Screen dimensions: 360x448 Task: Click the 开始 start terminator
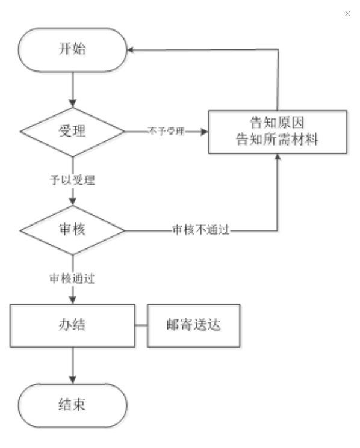tap(73, 50)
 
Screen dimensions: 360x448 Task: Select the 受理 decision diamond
tap(73, 132)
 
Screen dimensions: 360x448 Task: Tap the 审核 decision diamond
tap(73, 230)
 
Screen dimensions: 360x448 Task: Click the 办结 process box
tap(72, 326)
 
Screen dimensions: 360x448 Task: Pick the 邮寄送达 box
tap(194, 326)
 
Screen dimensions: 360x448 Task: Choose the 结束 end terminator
tap(73, 405)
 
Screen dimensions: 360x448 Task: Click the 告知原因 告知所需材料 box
tap(278, 132)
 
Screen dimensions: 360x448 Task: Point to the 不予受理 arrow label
tap(166, 132)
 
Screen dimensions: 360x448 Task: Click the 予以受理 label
tap(72, 180)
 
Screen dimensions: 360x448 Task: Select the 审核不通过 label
tap(200, 230)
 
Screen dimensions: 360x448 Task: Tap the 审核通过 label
tap(72, 278)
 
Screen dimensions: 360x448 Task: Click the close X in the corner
tap(347, 13)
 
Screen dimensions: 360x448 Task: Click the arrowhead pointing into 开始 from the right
tap(131, 50)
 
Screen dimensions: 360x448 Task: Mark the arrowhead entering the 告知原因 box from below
tap(278, 157)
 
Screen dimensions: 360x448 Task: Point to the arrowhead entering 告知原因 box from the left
tap(205, 132)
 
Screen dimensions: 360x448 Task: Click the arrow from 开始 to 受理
tap(73, 90)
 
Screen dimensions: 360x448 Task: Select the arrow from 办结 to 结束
tap(73, 366)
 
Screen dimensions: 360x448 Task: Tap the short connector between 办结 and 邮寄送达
tap(141, 325)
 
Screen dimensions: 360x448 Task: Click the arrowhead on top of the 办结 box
tap(73, 300)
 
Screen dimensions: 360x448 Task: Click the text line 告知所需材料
tap(277, 140)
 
